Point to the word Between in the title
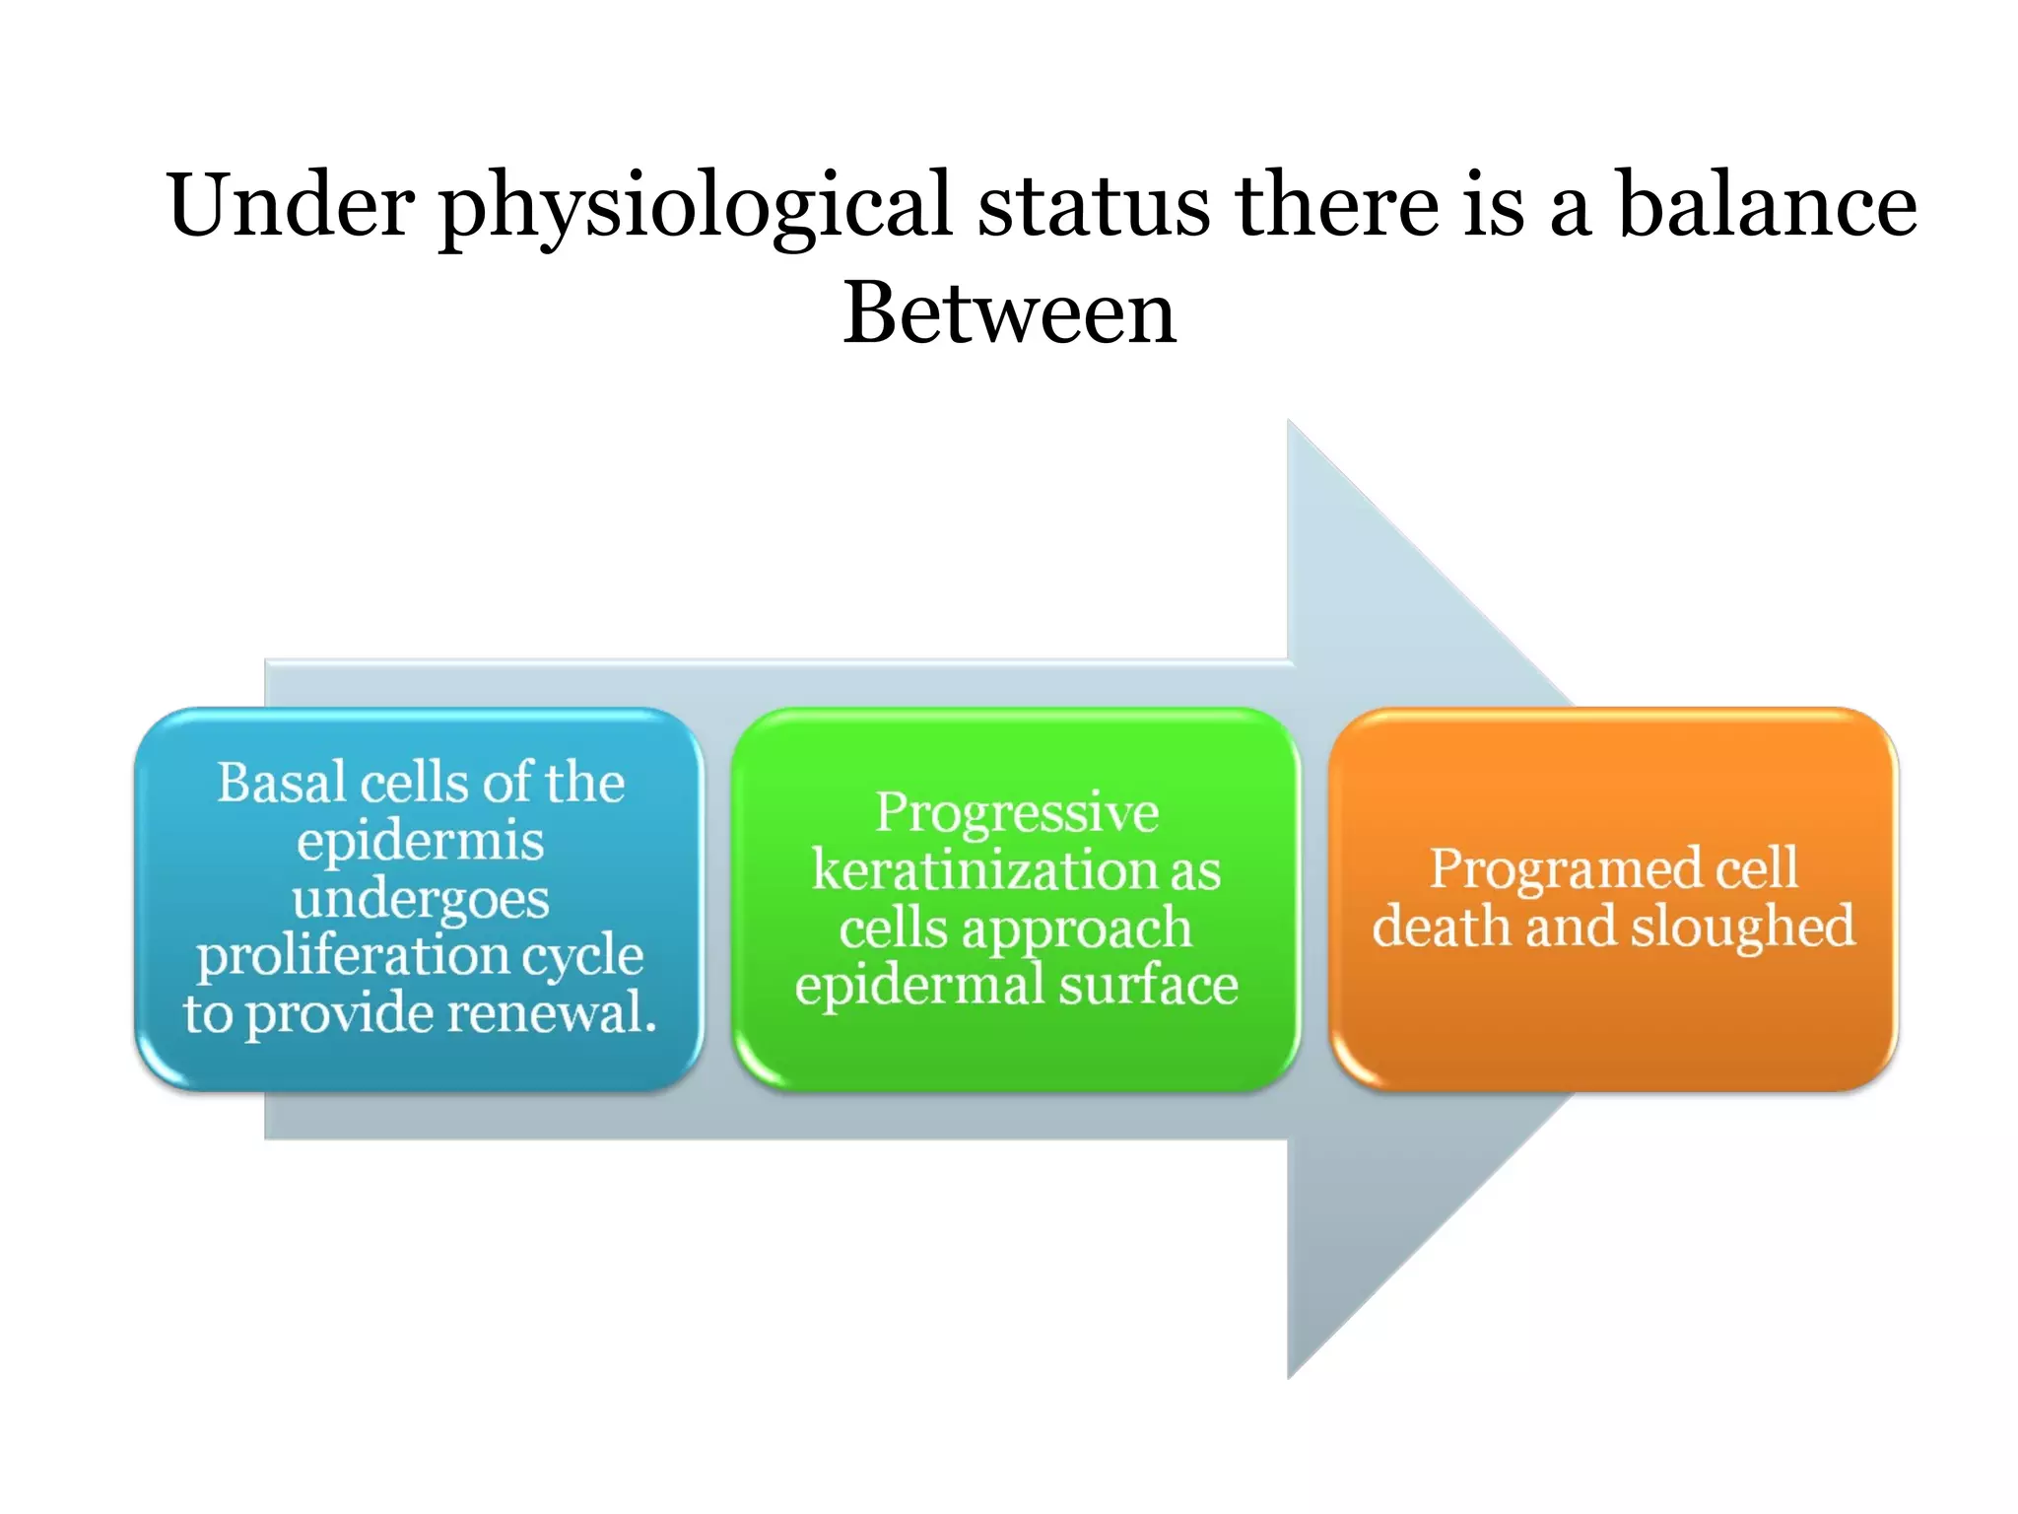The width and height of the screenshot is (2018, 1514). [1009, 312]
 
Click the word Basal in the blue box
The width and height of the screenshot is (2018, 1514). [281, 783]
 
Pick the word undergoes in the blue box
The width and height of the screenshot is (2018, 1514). [420, 900]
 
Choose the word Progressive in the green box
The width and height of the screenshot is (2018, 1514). [1016, 812]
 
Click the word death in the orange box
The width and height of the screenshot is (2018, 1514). [1440, 927]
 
